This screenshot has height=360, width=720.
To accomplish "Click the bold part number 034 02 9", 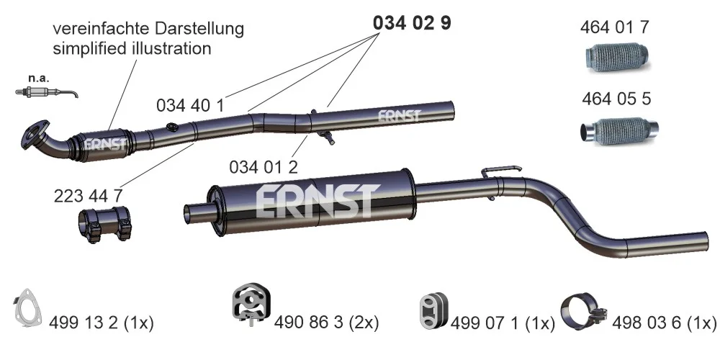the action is coord(412,23).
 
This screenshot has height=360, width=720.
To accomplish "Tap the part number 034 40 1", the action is coord(190,106).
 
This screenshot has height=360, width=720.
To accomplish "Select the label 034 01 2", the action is coord(264,167).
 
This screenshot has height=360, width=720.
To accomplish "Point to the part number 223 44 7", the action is coord(88,196).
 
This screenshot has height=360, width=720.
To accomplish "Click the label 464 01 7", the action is coord(615,27).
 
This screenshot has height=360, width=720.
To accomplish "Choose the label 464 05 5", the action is coord(616,99).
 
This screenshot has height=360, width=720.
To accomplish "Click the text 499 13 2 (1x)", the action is coord(101,323).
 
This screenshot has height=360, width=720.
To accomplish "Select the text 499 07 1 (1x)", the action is coord(503,324).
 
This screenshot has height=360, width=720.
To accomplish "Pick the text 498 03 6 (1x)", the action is coord(664,323).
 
